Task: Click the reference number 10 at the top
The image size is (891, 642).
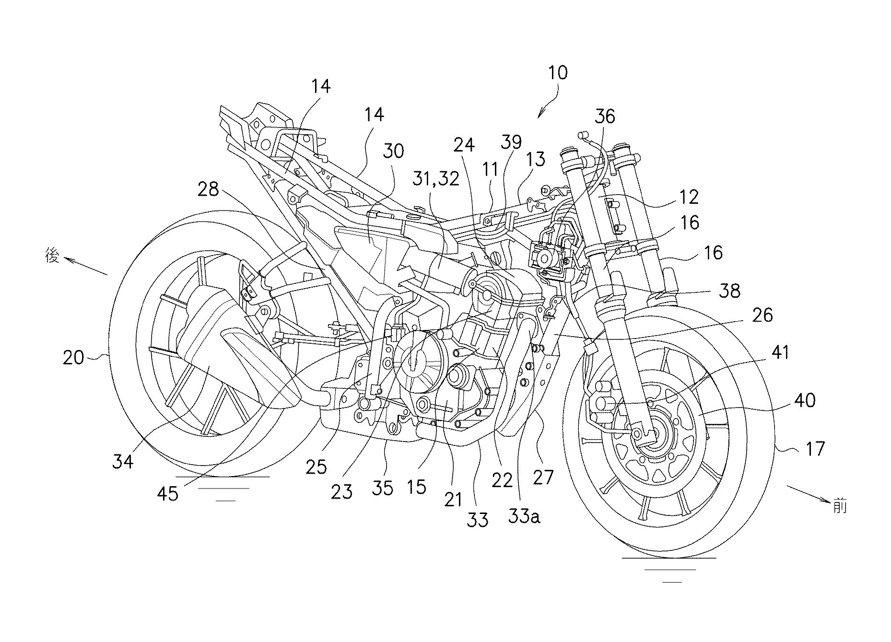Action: click(558, 73)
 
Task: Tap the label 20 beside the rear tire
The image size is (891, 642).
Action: click(74, 357)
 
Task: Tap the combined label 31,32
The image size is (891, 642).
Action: click(435, 178)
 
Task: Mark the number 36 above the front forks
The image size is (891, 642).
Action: click(605, 117)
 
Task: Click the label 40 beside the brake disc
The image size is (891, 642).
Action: click(804, 399)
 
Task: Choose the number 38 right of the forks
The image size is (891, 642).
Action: click(729, 291)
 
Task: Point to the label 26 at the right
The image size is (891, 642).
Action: click(762, 315)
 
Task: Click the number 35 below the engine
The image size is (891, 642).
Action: click(382, 488)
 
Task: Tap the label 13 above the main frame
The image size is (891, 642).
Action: click(535, 159)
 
